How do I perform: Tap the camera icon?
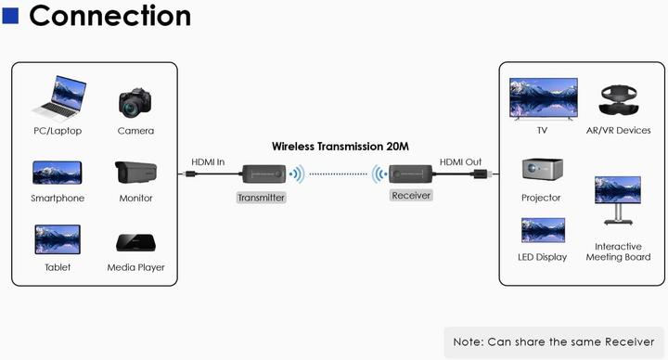point(135,102)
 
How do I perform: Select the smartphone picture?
point(58,173)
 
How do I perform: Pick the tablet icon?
point(58,239)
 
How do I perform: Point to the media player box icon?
point(135,242)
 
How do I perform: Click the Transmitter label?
point(261,198)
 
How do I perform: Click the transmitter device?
point(262,174)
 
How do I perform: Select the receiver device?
point(409,174)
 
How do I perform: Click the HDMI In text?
point(208,161)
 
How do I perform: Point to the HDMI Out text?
point(461,161)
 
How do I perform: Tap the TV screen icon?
point(543,97)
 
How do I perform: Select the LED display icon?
point(543,230)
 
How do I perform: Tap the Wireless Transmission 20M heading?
point(340,146)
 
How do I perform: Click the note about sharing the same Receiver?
point(555,341)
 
